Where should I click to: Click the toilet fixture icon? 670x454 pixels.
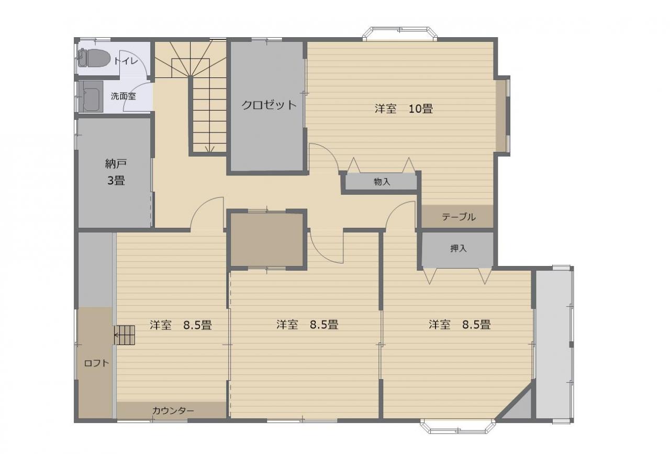click(x=94, y=58)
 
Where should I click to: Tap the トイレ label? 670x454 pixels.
click(x=126, y=61)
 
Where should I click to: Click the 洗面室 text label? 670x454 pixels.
click(x=123, y=96)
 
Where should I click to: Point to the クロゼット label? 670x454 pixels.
click(x=269, y=105)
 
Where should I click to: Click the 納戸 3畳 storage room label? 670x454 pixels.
click(x=116, y=172)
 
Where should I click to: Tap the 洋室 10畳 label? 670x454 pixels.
click(x=404, y=108)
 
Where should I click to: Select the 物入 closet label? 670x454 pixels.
click(x=382, y=182)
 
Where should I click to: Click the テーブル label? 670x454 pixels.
click(x=459, y=217)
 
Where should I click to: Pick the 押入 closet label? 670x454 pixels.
click(x=458, y=248)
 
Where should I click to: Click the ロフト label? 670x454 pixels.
click(x=96, y=363)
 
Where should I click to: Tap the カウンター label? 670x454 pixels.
click(x=173, y=411)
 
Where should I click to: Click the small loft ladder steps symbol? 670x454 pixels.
click(x=124, y=335)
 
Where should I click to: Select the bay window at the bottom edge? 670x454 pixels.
click(x=458, y=426)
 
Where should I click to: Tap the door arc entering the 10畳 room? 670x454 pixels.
click(x=328, y=153)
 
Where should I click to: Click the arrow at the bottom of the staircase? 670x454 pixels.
click(x=210, y=149)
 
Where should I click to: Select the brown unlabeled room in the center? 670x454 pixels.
click(x=267, y=239)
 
